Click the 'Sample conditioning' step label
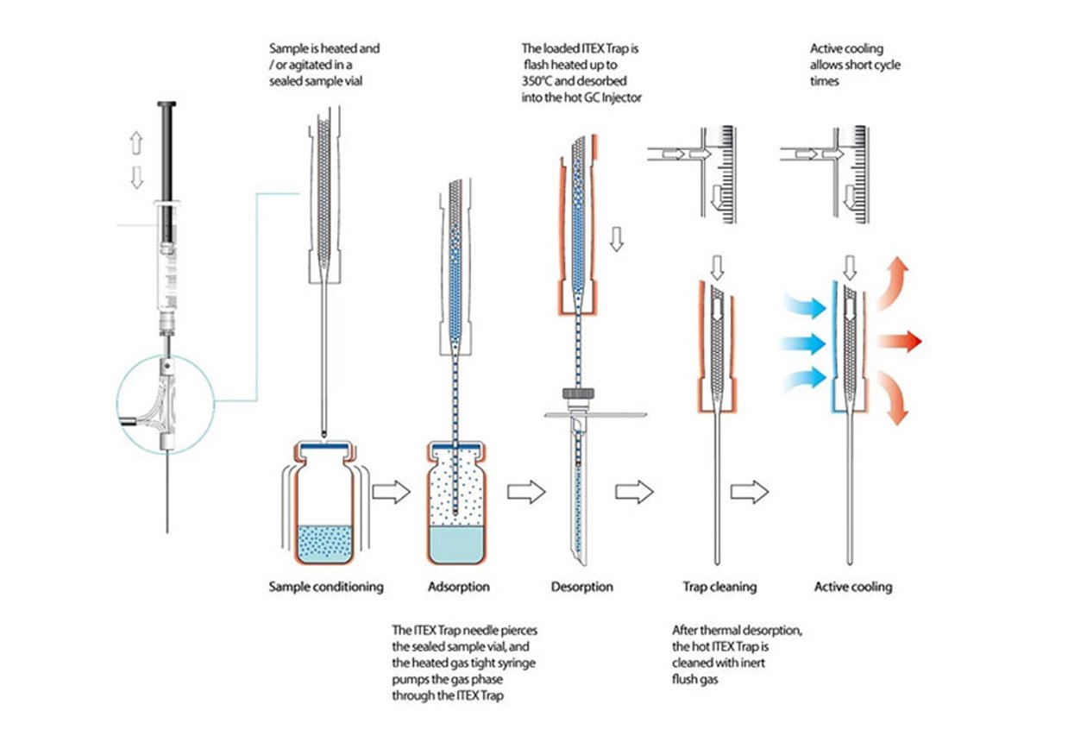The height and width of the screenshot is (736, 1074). pos(326,587)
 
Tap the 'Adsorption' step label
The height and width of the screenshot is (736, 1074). pos(459,587)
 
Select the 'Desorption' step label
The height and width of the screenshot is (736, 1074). pos(582,587)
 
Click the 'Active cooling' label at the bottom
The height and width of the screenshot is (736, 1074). pos(853,587)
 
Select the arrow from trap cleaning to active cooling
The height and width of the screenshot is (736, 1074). pos(749,493)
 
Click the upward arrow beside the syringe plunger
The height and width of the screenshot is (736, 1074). pos(136,142)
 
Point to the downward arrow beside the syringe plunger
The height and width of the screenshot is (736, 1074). pos(136,177)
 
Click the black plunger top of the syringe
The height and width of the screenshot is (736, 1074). pos(166,104)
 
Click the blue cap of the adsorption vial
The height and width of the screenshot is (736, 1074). pos(460,447)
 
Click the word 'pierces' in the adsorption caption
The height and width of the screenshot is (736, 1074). pos(517,631)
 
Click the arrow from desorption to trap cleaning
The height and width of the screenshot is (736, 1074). pos(634,493)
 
